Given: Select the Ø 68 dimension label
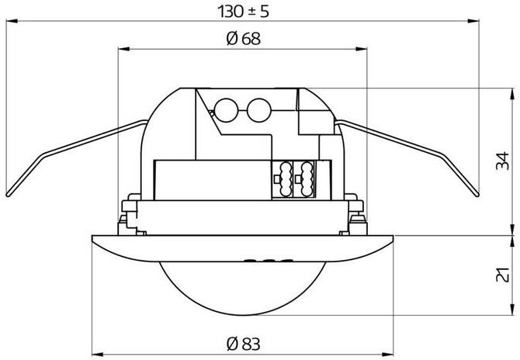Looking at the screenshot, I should coord(241,40).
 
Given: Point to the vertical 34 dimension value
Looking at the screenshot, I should coord(502,162).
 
